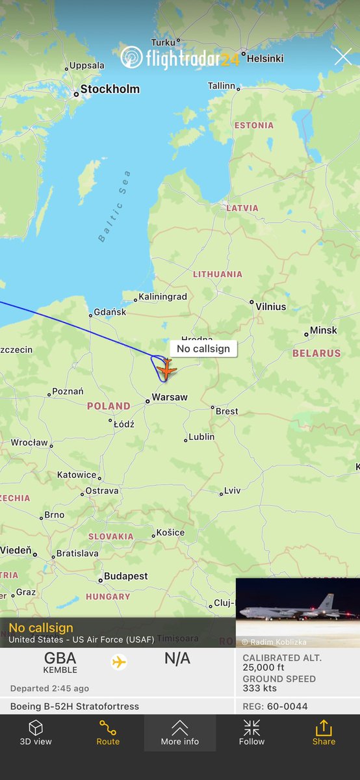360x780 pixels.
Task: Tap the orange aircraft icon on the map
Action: coord(167,370)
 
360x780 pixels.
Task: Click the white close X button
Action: coord(342,57)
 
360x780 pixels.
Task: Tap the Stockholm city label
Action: coord(109,89)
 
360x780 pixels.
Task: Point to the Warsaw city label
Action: coord(169,397)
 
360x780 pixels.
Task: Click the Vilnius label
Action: coord(270,306)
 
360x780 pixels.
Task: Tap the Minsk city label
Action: coord(323,330)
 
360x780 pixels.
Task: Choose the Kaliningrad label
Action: coord(162,297)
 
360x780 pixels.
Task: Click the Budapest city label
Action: coord(125,576)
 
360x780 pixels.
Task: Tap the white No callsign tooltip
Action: coord(203,348)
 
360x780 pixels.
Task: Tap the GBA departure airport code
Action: coord(59,658)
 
